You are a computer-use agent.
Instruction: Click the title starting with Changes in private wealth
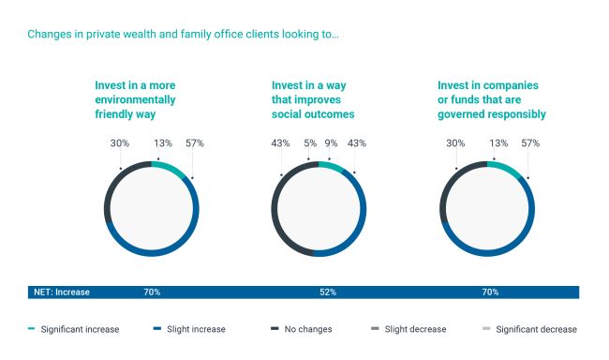tap(183, 34)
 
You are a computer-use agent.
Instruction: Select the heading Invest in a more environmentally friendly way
tap(135, 99)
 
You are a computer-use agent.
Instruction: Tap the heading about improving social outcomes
tap(313, 99)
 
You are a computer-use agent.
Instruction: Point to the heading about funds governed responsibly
tap(492, 99)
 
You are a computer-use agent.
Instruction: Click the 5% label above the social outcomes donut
tap(310, 143)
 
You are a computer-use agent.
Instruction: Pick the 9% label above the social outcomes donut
tap(331, 143)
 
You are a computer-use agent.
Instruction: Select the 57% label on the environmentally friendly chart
tap(195, 143)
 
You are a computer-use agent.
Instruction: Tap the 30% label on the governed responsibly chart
tap(455, 143)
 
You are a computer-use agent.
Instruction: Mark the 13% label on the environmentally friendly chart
tap(163, 143)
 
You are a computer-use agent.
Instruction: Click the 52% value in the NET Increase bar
tap(328, 292)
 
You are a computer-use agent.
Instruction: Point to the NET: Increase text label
tap(62, 292)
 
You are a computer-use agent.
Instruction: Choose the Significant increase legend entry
tap(74, 329)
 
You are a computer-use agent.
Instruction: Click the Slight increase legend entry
tap(189, 329)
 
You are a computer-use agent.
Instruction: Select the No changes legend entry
tap(302, 329)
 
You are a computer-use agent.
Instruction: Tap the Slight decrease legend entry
tap(408, 329)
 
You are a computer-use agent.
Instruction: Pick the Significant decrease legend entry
tap(529, 329)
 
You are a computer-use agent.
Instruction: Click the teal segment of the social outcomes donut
tap(332, 166)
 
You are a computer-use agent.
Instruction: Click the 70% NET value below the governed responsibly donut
tap(490, 292)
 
